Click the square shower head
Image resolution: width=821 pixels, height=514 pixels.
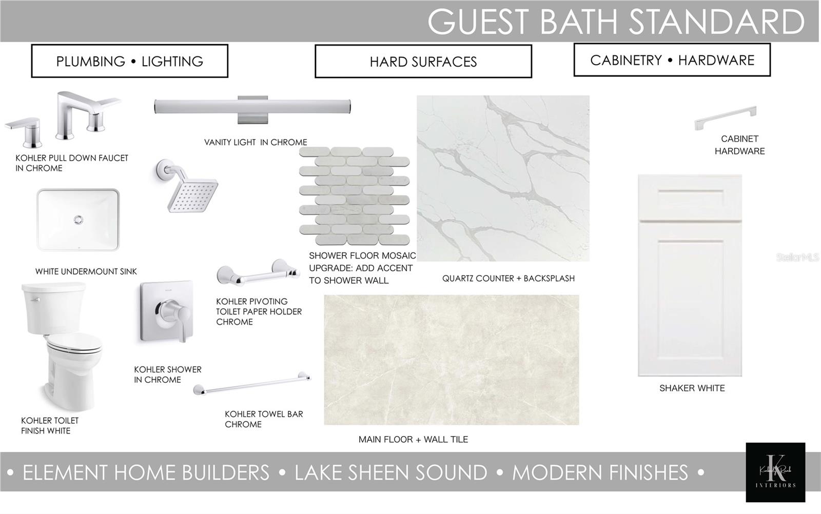pyautogui.click(x=192, y=195)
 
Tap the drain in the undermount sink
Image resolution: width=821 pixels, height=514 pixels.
pyautogui.click(x=78, y=220)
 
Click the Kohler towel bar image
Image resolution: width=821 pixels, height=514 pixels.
pyautogui.click(x=252, y=384)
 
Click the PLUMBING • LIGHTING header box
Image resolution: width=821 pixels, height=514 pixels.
pyautogui.click(x=130, y=61)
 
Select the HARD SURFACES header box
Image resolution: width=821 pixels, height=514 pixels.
pyautogui.click(x=423, y=62)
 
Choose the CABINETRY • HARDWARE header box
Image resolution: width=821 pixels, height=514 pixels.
pyautogui.click(x=672, y=60)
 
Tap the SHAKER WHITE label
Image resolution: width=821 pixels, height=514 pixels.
pyautogui.click(x=692, y=388)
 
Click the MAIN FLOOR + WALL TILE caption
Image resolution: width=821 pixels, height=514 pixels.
pyautogui.click(x=413, y=439)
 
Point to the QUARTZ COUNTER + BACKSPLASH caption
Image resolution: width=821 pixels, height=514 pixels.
pyautogui.click(x=509, y=279)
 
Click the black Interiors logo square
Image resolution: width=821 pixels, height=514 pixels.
pyautogui.click(x=775, y=472)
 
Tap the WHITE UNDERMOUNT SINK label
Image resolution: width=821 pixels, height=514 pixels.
pyautogui.click(x=86, y=271)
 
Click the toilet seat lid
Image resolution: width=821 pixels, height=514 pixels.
pyautogui.click(x=74, y=343)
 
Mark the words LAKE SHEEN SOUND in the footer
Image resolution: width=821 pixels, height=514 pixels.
pyautogui.click(x=390, y=472)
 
